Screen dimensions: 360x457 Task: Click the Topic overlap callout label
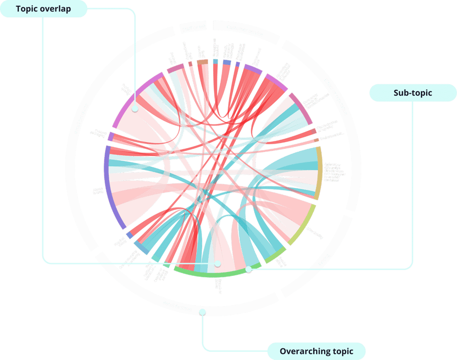click(44, 9)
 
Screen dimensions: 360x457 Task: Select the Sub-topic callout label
click(412, 93)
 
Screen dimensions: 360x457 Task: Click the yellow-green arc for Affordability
click(303, 226)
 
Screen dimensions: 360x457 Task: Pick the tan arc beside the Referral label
click(318, 173)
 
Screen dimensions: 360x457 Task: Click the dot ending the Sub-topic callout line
click(248, 269)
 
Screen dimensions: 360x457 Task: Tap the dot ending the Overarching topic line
click(203, 312)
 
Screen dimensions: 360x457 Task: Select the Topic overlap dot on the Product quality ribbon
click(135, 109)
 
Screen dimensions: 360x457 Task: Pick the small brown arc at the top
click(203, 62)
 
